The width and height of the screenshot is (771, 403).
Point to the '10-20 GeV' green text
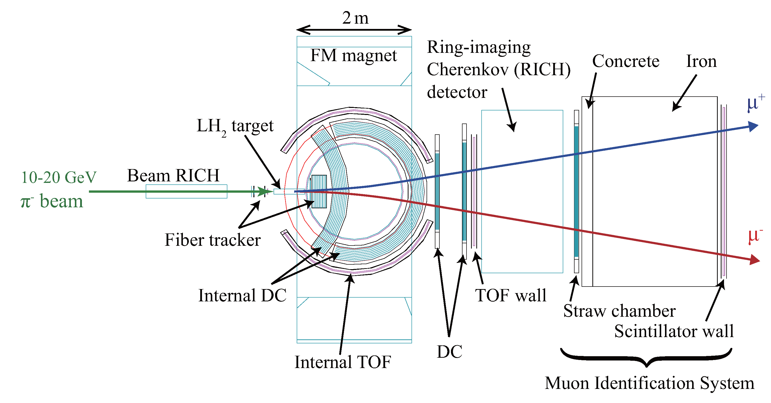point(59,177)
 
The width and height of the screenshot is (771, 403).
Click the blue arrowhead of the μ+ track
point(753,126)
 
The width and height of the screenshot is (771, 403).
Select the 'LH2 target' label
point(235,126)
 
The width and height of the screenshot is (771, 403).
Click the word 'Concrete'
point(626,61)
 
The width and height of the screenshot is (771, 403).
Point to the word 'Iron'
point(701,61)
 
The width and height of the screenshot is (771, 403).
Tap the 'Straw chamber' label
point(619,311)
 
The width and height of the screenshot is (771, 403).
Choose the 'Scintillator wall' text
point(674,331)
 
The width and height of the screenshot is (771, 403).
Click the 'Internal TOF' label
point(343,362)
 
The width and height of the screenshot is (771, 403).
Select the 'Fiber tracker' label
point(213,240)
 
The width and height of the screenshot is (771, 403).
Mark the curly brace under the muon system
point(646,358)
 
